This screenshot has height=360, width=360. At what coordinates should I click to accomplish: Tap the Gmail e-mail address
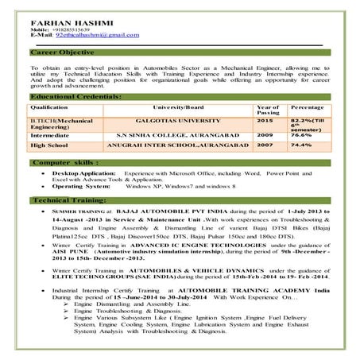pos(90,36)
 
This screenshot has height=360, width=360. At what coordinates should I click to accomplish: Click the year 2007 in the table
pos(265,146)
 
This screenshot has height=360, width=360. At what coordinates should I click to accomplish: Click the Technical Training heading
pos(68,200)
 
